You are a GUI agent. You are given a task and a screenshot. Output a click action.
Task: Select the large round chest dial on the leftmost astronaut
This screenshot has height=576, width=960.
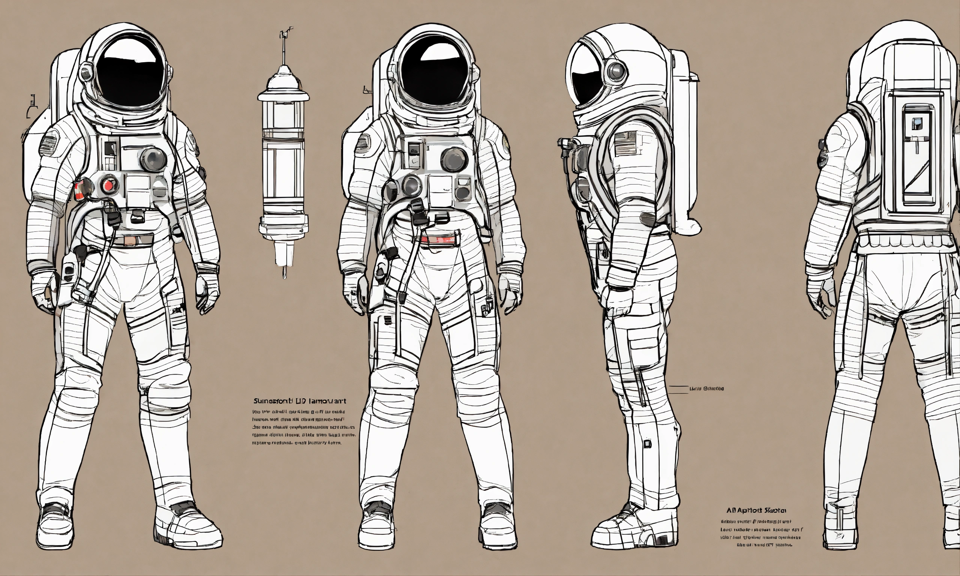tap(154, 159)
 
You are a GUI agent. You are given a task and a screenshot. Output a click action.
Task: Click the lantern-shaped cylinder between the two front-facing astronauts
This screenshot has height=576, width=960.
tap(283, 155)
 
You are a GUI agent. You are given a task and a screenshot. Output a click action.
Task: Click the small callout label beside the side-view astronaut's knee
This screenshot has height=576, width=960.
tap(706, 388)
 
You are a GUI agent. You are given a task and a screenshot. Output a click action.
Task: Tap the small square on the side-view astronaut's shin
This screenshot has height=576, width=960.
tap(647, 444)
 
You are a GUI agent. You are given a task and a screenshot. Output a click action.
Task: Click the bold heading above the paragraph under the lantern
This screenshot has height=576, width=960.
tap(300, 400)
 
